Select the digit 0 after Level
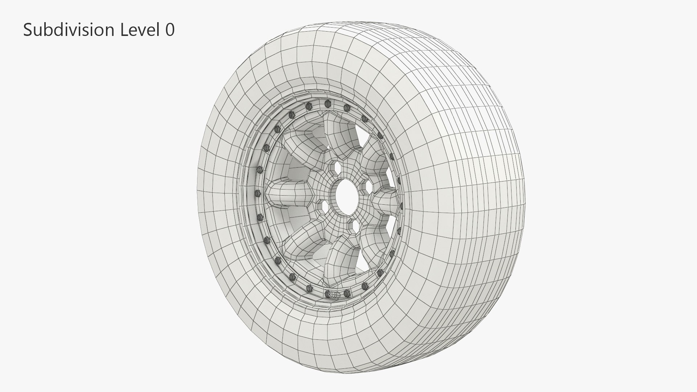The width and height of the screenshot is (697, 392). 170,30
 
